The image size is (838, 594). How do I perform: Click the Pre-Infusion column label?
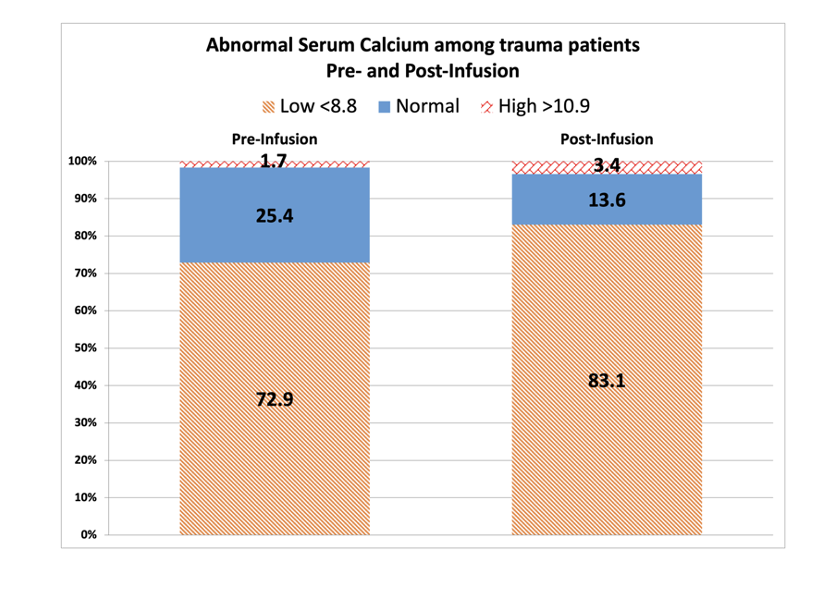pos(274,140)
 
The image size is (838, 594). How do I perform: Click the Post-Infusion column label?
pos(607,140)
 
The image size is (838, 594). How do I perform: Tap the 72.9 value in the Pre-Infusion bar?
pos(275,399)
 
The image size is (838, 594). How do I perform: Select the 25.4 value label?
pos(275,215)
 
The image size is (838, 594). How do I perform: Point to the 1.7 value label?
pos(274,160)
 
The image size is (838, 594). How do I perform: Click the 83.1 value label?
pos(607,381)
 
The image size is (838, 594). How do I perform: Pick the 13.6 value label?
pos(607,200)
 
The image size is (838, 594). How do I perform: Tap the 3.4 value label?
pos(607,165)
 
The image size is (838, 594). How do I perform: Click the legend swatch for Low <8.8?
pos(268,107)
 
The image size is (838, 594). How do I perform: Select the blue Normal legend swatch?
pos(384,107)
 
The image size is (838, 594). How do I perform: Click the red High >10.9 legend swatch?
pos(486,107)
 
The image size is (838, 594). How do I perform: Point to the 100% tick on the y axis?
pos(82,161)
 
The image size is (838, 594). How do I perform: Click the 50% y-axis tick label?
pos(86,348)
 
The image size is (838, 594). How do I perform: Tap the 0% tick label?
pos(89,535)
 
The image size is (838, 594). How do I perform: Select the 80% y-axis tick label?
pos(86,236)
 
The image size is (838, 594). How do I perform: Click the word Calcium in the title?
pos(394,45)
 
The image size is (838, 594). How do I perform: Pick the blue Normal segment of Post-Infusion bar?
pos(607,199)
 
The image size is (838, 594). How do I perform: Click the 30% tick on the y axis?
pos(86,423)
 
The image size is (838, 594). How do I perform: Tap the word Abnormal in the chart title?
pos(250,45)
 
